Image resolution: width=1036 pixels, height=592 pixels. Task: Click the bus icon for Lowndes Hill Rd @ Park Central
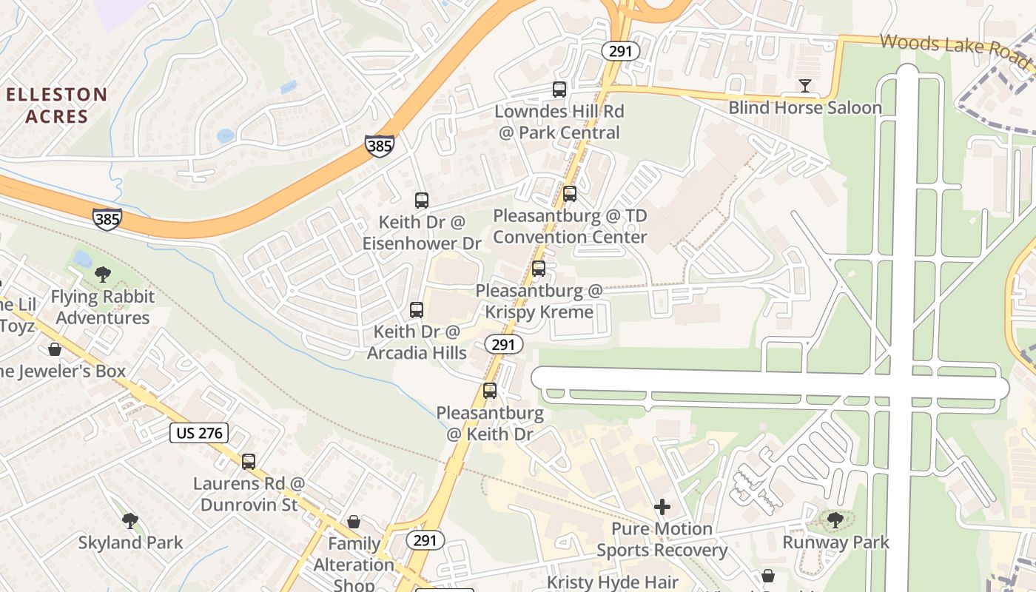(559, 90)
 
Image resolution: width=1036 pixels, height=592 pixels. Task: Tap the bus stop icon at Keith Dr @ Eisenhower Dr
(422, 201)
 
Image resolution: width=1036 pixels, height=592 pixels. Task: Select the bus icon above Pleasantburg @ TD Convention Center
(569, 194)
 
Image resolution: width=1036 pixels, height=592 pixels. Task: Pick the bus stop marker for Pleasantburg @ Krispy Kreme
(539, 269)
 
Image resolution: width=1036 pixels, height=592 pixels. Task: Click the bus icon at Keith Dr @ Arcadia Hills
(417, 310)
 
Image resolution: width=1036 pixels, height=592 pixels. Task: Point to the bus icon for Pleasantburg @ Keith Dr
(490, 391)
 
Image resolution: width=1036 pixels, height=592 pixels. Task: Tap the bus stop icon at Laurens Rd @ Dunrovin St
(249, 462)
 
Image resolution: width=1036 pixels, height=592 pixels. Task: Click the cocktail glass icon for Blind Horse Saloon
(805, 87)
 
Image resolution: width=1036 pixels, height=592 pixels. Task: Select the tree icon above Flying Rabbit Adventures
(103, 275)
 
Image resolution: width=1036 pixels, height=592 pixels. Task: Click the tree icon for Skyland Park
(130, 521)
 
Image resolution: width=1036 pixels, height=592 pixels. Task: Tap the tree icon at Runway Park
(835, 520)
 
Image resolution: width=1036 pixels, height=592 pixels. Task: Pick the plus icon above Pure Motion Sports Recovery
(662, 507)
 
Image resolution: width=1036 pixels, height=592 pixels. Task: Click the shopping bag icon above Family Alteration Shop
(354, 522)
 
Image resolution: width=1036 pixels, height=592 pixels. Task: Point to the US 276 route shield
(199, 433)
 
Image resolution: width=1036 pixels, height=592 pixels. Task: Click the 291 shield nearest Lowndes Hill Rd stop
(620, 51)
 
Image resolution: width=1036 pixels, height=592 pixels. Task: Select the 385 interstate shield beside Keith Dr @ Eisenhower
(379, 145)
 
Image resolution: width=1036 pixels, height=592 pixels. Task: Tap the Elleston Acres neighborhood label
(57, 105)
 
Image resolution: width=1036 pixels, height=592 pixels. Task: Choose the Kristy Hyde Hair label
(613, 582)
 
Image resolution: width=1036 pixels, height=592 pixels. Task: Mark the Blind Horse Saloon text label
(805, 108)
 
